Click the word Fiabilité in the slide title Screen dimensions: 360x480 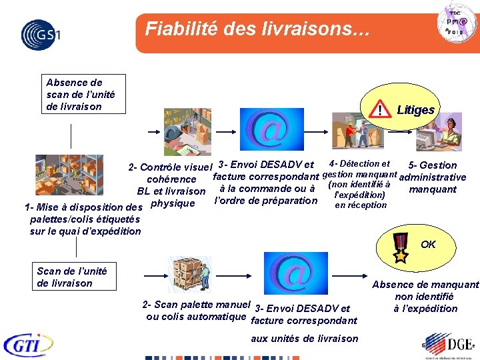click(175, 29)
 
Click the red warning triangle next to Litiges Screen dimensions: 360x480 click(379, 109)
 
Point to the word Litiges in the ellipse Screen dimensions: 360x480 click(415, 110)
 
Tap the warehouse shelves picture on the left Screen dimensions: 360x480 click(69, 175)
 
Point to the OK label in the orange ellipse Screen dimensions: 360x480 click(428, 245)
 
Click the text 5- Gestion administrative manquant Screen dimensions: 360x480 click(433, 177)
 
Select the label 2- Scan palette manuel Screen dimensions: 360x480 click(196, 304)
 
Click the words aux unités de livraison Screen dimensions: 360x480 click(304, 338)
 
